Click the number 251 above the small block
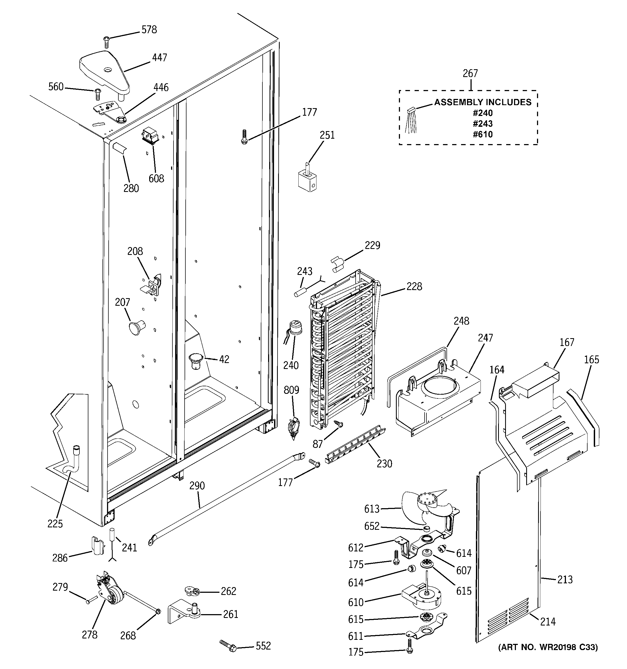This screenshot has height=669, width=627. (327, 135)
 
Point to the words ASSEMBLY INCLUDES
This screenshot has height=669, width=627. (483, 102)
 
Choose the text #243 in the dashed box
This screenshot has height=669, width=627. (483, 124)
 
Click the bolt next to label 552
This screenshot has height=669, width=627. (229, 645)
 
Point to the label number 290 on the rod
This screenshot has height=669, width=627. (197, 485)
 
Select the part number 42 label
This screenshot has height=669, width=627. (224, 360)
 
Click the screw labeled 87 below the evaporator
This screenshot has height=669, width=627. (338, 424)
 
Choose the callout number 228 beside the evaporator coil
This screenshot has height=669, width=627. (414, 286)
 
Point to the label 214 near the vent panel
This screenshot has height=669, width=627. (548, 621)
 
